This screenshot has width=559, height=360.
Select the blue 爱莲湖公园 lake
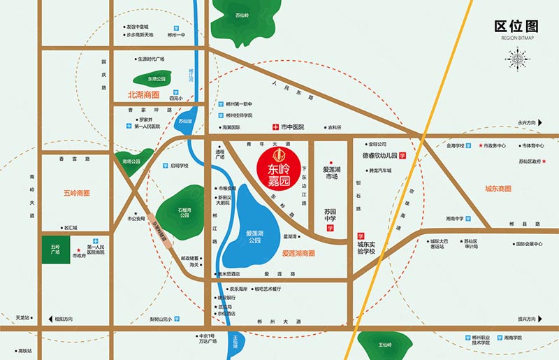pyautogui.click(x=252, y=220)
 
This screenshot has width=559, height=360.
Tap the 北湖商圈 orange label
pyautogui.click(x=143, y=94)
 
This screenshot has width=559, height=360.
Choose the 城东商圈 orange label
pyautogui.click(x=498, y=189)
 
